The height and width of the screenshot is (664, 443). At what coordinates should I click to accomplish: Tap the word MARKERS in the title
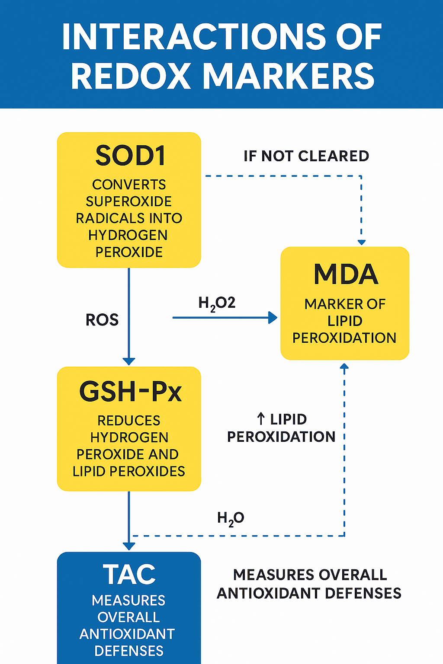coord(289,77)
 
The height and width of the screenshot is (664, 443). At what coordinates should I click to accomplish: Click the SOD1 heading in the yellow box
coord(130,156)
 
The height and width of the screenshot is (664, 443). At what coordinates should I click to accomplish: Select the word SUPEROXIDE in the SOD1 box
coord(128,201)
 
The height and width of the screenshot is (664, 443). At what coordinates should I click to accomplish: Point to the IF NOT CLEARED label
coord(306,156)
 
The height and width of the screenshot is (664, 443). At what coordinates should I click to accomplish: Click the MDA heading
coord(346,274)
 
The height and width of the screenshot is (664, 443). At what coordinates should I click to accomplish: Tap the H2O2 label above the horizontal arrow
coord(217,303)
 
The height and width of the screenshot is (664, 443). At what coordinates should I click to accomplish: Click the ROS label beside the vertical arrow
coord(102,320)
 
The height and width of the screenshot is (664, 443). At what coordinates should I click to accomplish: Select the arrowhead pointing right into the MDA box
coord(273,318)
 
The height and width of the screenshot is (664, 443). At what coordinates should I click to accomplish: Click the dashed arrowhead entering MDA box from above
coord(362,242)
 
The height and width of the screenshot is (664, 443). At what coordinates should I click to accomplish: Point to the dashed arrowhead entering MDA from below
coord(344,367)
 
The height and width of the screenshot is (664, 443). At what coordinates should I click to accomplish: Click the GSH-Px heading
coord(130,392)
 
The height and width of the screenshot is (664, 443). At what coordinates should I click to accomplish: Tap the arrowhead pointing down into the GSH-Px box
coord(129,361)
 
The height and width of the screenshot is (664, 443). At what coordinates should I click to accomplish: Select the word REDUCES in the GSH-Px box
coord(128,421)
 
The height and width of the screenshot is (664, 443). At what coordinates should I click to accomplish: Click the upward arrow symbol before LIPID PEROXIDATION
coord(260,418)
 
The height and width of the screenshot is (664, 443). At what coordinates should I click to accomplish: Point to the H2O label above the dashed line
coord(231,518)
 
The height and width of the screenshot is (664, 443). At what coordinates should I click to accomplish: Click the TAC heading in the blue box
coord(129,575)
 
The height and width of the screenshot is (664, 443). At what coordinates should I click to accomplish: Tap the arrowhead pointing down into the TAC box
coord(129,546)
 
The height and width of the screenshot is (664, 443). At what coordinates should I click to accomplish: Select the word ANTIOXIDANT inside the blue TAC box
coord(127,634)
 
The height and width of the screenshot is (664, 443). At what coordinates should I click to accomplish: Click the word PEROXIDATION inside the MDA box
coord(344,338)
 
